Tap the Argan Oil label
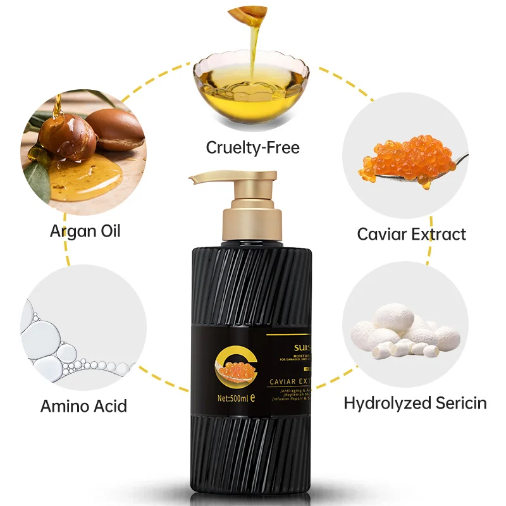tap(85, 230)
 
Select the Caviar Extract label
tap(411, 234)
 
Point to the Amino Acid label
tap(83, 405)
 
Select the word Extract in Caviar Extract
tap(440, 234)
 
